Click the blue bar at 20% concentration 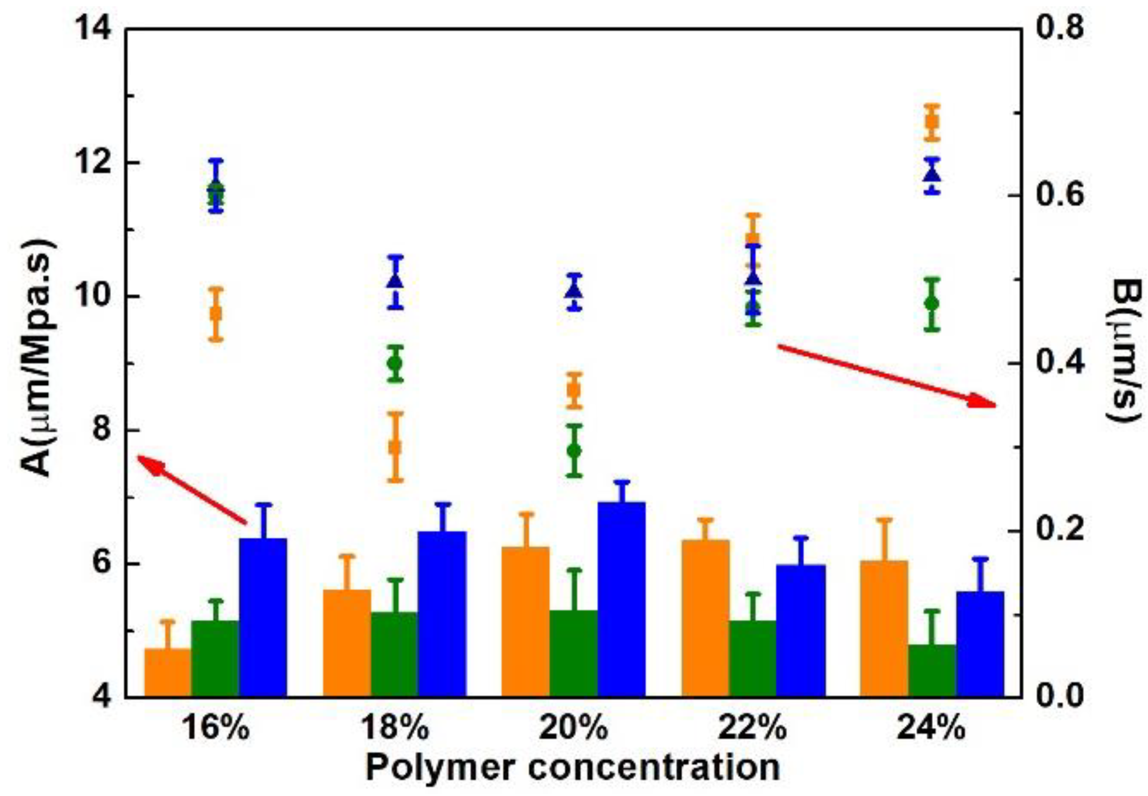621,599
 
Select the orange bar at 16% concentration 168,673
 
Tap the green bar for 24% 932,670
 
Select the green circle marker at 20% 574,451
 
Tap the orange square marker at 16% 216,314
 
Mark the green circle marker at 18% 395,363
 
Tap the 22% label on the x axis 752,728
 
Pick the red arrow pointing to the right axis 885,376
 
